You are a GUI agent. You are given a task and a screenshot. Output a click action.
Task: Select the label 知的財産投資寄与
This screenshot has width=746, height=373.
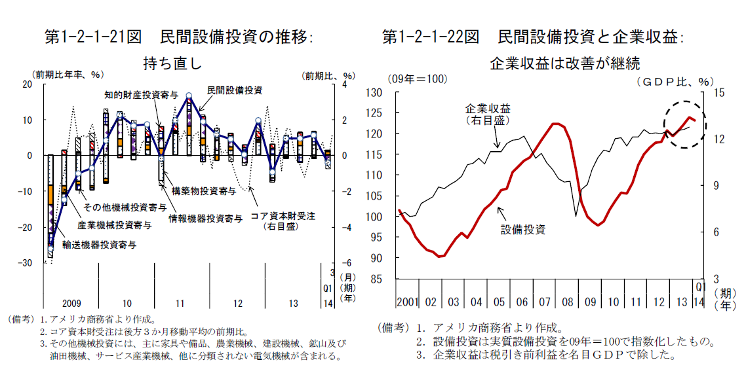point(141,95)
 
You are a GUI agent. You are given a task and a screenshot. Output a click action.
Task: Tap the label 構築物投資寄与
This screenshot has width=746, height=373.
point(204,192)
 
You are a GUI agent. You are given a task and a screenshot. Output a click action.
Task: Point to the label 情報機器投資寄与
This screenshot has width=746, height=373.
point(205,218)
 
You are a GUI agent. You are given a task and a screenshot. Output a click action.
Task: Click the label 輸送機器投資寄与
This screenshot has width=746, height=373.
point(99,245)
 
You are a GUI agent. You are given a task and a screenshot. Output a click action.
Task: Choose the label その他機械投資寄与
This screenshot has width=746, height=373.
point(125,208)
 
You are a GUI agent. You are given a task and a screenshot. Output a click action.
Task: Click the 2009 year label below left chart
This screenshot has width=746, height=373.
point(71,304)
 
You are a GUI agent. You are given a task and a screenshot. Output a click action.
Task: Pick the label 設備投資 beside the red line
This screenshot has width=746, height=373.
point(524,230)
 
